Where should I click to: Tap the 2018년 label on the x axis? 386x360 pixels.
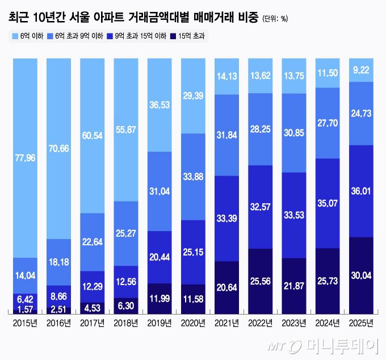pos(126,324)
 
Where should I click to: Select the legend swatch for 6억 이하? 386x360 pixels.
pos(15,36)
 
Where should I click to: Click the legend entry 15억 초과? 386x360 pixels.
pos(191,36)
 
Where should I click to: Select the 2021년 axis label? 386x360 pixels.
pos(226,324)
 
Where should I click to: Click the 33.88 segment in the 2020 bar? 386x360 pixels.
pos(193,177)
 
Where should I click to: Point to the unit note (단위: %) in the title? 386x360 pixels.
pos(275,18)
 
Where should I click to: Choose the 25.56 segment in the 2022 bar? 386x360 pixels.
pos(260,280)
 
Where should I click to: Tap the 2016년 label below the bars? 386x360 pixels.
pos(59,324)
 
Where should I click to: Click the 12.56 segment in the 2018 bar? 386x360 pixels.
pos(126,282)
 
